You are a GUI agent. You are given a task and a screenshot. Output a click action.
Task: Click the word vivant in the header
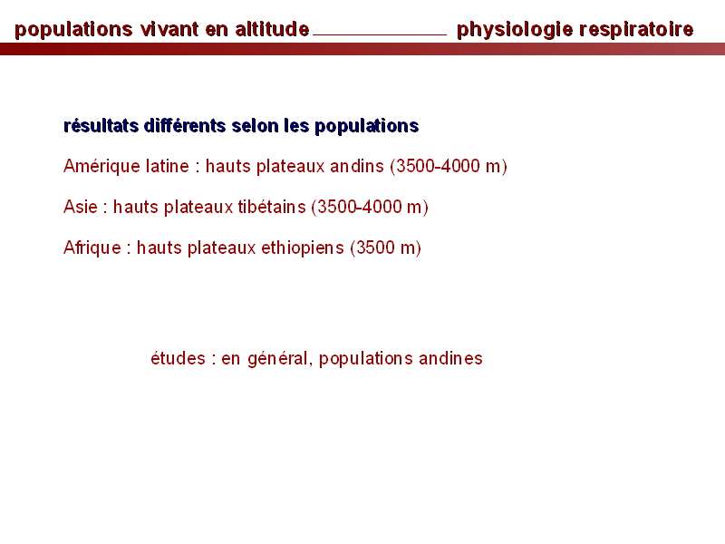pos(169,29)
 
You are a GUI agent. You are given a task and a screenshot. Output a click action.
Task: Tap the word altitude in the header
pos(272,29)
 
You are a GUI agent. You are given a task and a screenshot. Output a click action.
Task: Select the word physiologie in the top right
pos(515,30)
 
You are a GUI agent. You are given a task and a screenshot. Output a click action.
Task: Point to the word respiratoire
pos(636,30)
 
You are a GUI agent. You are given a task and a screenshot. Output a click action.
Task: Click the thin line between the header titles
pos(380,34)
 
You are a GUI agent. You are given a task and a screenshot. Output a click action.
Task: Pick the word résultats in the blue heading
pos(101,125)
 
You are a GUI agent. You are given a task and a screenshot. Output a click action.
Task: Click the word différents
pos(185,125)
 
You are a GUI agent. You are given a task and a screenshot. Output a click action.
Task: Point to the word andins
pos(356,166)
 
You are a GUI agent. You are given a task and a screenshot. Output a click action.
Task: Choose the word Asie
pos(81,207)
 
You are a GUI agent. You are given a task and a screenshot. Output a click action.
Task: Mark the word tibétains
pos(272,207)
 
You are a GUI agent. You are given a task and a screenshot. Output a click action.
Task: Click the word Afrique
pos(92,248)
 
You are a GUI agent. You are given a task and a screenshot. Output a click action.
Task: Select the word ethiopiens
pos(303,248)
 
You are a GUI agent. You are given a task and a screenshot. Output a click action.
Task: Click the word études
pos(178,358)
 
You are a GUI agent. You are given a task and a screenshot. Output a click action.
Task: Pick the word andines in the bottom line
pos(450,358)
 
